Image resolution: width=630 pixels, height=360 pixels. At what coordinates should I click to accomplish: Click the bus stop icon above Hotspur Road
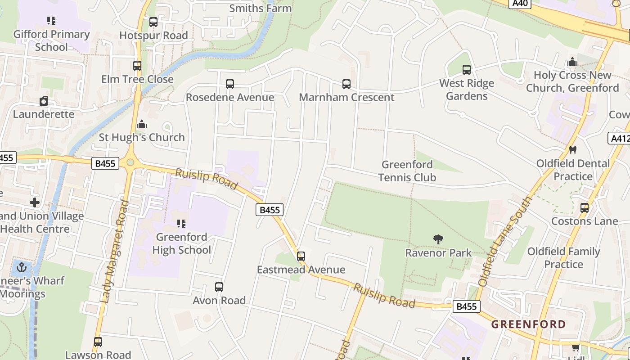(153, 22)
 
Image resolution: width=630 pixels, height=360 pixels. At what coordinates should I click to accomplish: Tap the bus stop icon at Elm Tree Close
(137, 66)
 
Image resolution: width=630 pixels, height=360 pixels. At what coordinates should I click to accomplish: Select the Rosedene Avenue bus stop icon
(230, 84)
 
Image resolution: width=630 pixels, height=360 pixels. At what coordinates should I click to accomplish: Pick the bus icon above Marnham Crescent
(346, 84)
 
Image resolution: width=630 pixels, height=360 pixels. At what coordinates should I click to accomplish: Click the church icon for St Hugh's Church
(142, 124)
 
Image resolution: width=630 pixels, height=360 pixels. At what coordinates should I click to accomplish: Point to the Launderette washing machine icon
(44, 101)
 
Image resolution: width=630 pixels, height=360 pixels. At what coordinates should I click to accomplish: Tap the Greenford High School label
(181, 243)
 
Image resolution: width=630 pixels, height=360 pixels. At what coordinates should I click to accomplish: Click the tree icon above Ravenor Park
(438, 239)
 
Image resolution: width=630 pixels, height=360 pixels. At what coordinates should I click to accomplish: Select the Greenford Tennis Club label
(407, 171)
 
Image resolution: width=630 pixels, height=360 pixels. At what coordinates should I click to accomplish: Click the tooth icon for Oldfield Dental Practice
(573, 150)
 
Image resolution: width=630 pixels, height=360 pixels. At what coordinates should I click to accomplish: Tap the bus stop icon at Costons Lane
(585, 208)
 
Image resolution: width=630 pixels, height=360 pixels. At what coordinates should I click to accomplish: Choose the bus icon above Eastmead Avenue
(301, 256)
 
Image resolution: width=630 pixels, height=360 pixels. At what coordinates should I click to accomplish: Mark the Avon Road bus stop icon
(219, 287)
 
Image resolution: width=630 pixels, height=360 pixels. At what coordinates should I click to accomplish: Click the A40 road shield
(520, 3)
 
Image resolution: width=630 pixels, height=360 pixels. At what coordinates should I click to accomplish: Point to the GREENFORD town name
(528, 324)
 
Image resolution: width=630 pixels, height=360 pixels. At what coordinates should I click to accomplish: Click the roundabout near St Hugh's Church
(130, 162)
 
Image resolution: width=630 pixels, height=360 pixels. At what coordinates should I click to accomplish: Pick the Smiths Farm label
(261, 8)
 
